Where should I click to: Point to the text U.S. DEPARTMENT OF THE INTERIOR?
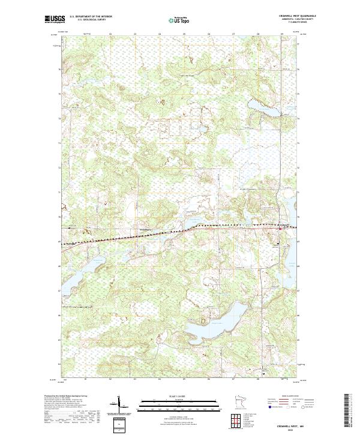click(x=91, y=17)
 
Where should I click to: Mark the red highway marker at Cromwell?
click(x=280, y=229)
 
